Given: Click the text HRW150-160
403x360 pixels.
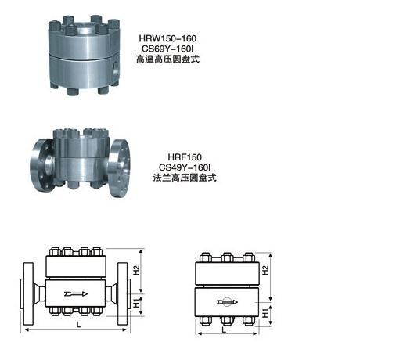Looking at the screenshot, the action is coord(167,38).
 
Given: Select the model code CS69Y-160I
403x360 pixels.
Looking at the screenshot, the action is coord(167,49).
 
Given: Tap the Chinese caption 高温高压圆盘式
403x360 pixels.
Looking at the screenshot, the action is coord(167,59).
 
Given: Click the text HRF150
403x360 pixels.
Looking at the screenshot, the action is coord(185,157).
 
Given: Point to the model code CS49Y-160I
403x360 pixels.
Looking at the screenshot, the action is coord(185,167).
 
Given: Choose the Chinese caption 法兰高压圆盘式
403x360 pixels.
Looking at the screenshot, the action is coord(185,178).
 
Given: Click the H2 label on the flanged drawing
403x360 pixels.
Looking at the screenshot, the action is coord(136,270).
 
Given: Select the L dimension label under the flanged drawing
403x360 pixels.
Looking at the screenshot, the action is coord(78,325).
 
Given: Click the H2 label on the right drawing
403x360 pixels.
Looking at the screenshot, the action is coord(265,270).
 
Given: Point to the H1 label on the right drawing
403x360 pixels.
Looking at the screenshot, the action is coord(265,313).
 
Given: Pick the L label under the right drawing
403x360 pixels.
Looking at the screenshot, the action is coord(224,330).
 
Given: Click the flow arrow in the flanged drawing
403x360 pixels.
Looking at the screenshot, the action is coord(76,293).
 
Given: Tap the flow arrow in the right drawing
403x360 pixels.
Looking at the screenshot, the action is coord(227,302).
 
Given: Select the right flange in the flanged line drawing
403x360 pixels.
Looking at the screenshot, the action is coord(122,293).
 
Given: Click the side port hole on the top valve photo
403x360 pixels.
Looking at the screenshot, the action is coord(115,68).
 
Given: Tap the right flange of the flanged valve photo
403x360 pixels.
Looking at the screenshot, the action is coord(119,168).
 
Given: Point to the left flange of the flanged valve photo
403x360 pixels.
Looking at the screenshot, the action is coord(43,165).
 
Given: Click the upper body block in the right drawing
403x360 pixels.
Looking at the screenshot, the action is coord(227,273).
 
